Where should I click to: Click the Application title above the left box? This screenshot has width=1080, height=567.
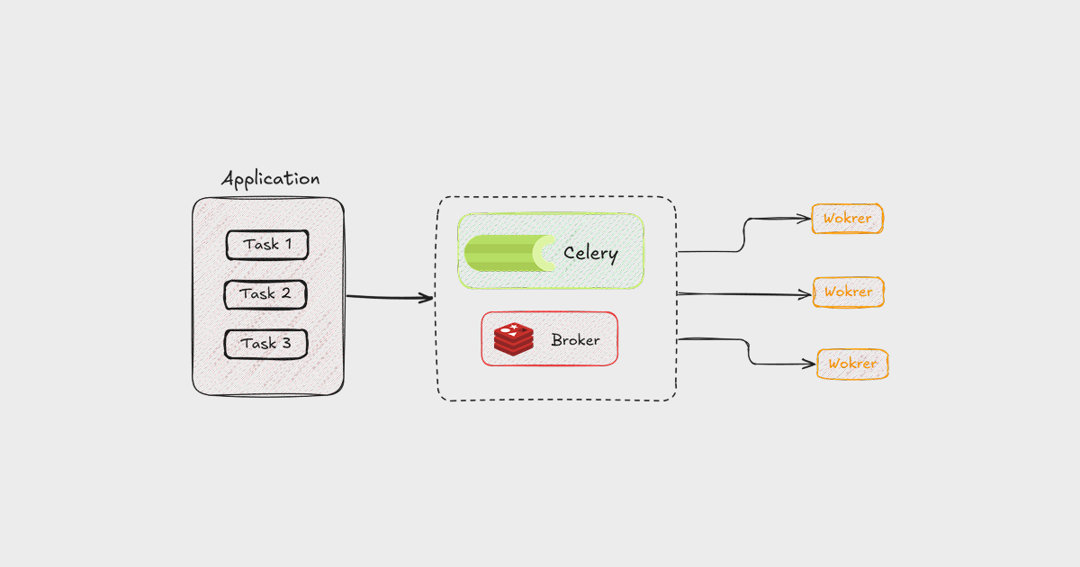pos(270,178)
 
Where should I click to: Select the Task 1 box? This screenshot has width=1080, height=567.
pos(266,245)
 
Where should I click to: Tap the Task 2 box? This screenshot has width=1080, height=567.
pos(265,294)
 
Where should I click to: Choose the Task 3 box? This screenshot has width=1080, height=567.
pos(265,344)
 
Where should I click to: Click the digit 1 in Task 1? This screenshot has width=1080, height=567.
pos(287,245)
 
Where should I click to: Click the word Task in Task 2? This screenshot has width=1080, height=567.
pos(256,294)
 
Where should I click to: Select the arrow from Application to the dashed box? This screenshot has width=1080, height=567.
pos(387,297)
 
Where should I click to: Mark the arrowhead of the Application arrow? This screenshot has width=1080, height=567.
pos(427,298)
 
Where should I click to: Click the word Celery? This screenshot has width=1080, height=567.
pos(590,253)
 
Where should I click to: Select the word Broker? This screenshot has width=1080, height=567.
pos(575,340)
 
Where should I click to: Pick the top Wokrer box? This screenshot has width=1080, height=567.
pos(847,219)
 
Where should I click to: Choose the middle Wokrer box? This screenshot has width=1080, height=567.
pos(849,292)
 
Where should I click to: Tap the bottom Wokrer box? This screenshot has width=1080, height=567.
pos(852,364)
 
